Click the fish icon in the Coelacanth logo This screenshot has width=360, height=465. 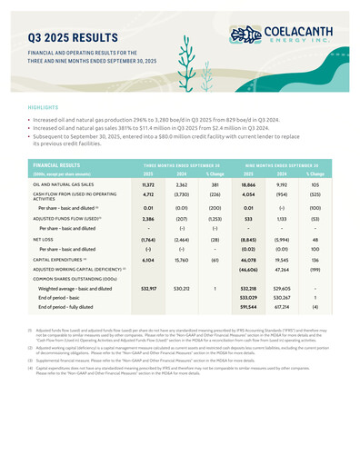pyautogui.click(x=246, y=35)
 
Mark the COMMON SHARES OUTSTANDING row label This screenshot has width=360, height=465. pyautogui.click(x=74, y=279)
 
